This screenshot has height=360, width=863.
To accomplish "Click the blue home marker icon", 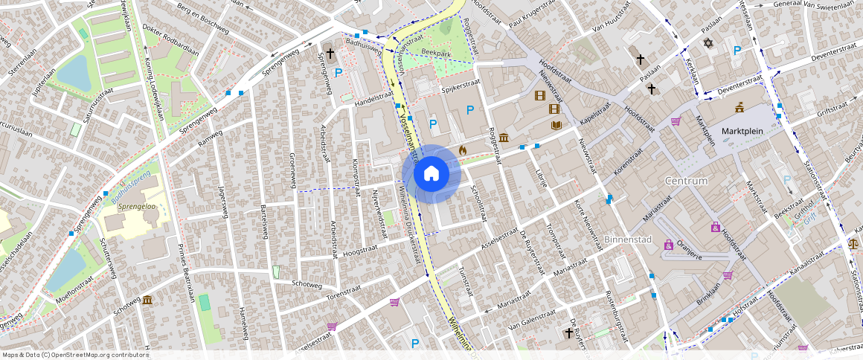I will pos(431,174).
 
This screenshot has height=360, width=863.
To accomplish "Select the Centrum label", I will pos(687,181).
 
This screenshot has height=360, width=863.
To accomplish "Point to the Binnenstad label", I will pos(628,240).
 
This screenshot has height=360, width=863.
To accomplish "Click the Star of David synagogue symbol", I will pos(708,45).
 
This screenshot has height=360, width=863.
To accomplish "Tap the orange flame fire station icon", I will pos(462,150).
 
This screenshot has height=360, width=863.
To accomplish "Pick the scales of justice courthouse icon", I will pos(853,242).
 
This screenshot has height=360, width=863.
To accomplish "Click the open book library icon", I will pos(556,125).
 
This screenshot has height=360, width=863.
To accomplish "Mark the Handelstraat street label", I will pos(373,95).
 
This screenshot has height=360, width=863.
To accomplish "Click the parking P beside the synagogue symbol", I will pos(737,51).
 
